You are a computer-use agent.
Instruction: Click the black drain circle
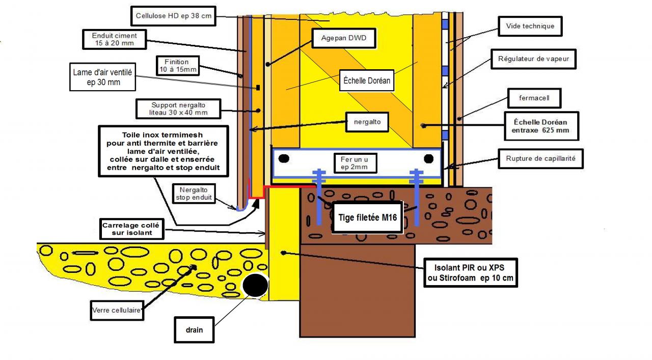255,286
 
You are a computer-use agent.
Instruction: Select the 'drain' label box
194,329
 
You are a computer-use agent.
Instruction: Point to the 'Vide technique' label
530,26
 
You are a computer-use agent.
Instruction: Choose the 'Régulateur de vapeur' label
533,59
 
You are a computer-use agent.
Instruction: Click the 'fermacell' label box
534,97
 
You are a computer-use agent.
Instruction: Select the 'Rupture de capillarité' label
541,158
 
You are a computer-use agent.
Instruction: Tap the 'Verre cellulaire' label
116,310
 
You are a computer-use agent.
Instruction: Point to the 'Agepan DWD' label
344,38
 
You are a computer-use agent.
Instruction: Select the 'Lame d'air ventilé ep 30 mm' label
102,77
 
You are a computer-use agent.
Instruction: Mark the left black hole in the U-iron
284,159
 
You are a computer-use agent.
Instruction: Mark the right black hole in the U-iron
429,159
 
